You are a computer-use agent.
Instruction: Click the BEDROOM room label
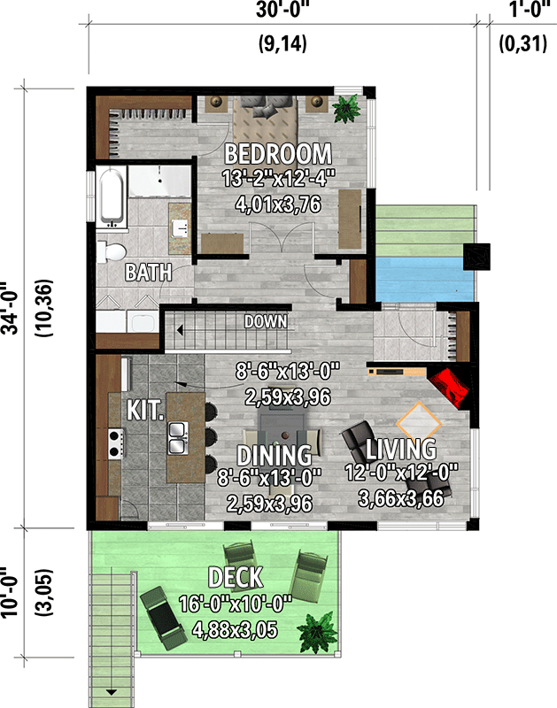click(x=278, y=152)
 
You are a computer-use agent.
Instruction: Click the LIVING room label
click(x=402, y=448)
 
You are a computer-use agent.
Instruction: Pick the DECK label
click(x=235, y=579)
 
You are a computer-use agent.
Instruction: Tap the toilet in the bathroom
click(x=112, y=250)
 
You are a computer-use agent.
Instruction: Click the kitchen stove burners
click(x=113, y=442)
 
